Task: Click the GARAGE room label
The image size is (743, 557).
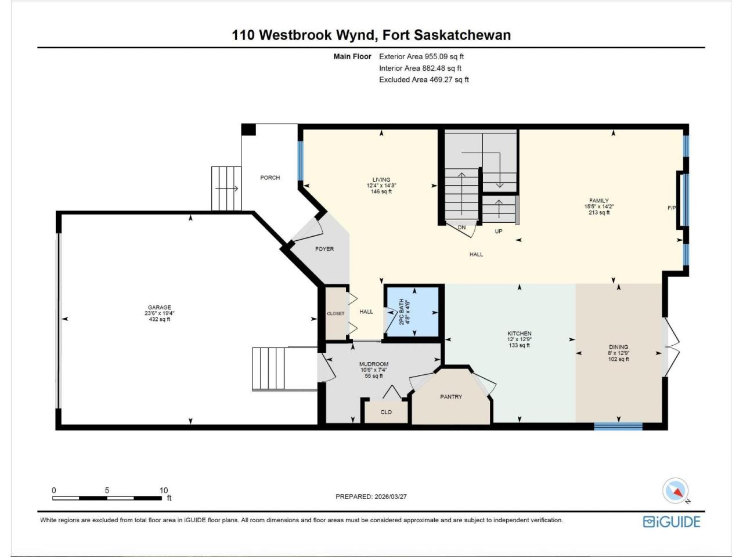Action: coord(160,308)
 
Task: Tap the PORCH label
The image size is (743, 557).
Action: coord(270,178)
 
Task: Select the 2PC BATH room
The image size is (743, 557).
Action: coord(413,312)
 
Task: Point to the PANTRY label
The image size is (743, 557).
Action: coord(451,397)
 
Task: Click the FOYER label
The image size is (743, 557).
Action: coord(324,249)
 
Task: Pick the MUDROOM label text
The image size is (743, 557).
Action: coord(374,364)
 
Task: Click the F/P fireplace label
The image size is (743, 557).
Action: coord(672,208)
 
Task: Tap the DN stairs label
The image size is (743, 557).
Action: coord(461,227)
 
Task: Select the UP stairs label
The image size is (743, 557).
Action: coord(499,232)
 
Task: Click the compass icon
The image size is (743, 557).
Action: coord(675,490)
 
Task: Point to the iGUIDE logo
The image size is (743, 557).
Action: coord(672,522)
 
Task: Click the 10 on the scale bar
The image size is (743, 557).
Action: coord(164,490)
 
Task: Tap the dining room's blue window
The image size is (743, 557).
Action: coord(618,426)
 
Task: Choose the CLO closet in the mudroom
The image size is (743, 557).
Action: coord(386,412)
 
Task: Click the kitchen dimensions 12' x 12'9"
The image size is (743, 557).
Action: coord(520,339)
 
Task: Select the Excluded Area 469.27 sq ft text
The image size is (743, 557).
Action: coord(424,80)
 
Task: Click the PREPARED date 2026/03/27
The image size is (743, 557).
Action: coord(391,497)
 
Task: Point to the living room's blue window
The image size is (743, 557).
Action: coord(300,161)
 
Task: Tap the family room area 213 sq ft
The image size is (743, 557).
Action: coord(599,212)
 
